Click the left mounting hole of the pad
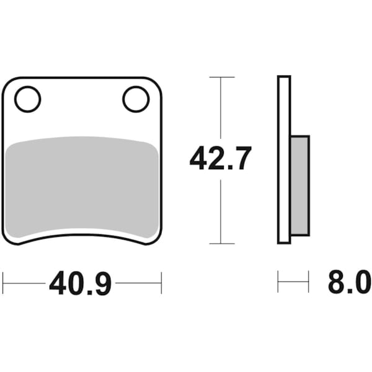click(27, 99)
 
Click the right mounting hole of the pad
click(136, 99)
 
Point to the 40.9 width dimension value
click(81, 285)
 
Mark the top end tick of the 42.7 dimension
click(221, 77)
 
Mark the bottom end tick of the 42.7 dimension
click(221, 244)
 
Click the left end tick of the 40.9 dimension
click(3, 283)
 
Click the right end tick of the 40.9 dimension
click(161, 283)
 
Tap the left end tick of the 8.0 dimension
click(278, 283)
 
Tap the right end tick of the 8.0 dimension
click(308, 283)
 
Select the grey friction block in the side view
click(299, 186)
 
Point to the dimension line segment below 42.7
click(221, 211)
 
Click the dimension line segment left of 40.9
click(25, 284)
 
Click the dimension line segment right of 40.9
click(138, 284)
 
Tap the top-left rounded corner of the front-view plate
click(7, 82)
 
